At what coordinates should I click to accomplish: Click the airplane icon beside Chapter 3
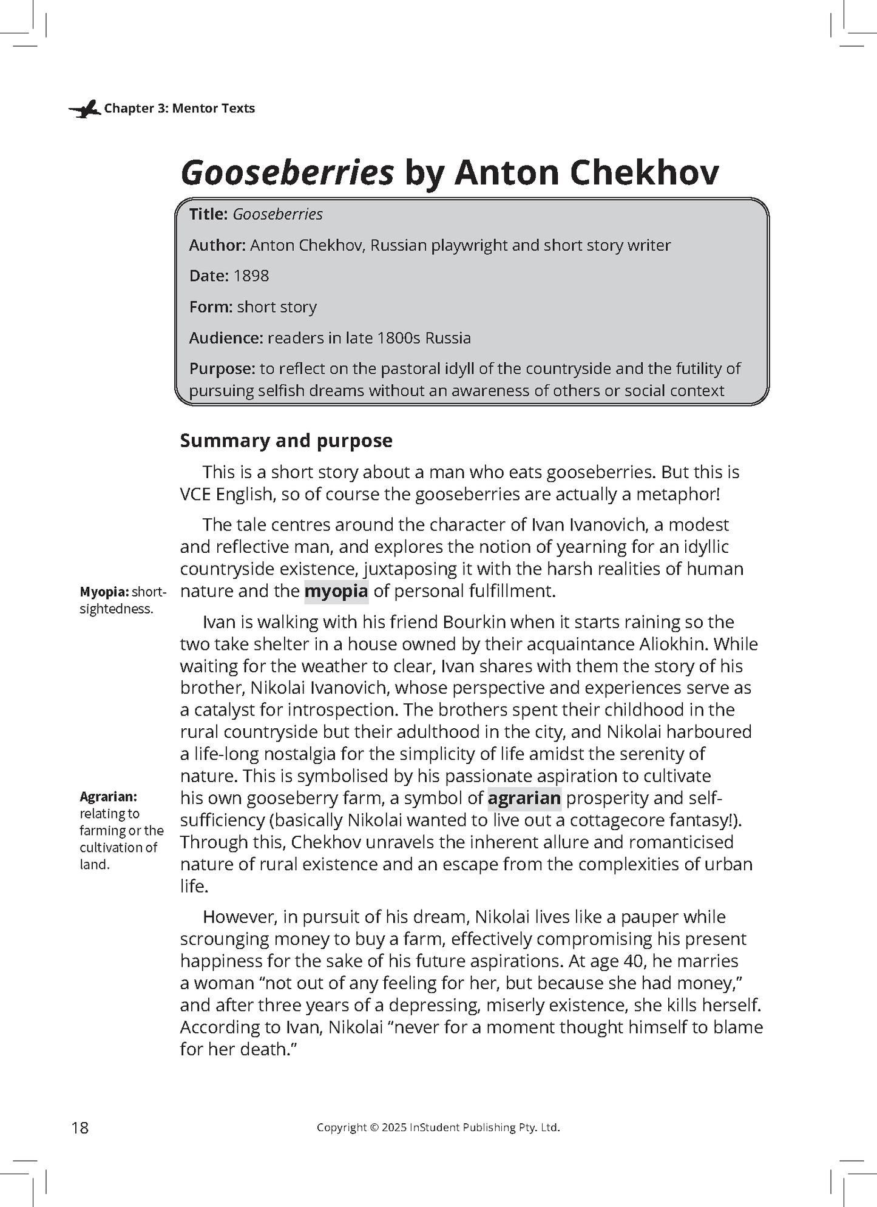(84, 109)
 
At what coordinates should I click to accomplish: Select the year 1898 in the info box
(251, 276)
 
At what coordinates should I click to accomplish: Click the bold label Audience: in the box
(226, 338)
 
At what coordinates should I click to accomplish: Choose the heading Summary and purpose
(286, 441)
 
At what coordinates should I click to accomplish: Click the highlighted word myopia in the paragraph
(336, 591)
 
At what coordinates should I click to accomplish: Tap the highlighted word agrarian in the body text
(524, 798)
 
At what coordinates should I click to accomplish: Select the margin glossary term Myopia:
(104, 592)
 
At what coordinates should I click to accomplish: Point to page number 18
(80, 1128)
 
